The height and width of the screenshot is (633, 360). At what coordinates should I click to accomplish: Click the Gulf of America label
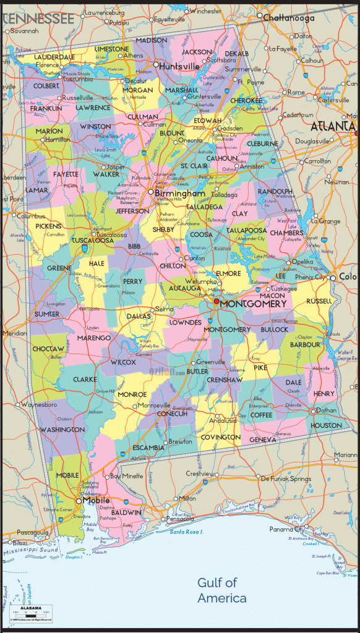pyautogui.click(x=221, y=590)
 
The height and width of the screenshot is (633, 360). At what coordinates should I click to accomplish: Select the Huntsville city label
pyautogui.click(x=180, y=66)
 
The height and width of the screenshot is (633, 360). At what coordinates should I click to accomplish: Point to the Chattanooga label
pyautogui.click(x=289, y=19)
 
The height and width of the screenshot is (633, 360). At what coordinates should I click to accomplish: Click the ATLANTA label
pyautogui.click(x=333, y=127)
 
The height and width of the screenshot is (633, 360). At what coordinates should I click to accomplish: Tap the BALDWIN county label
pyautogui.click(x=127, y=512)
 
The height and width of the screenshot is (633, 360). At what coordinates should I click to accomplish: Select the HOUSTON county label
pyautogui.click(x=326, y=425)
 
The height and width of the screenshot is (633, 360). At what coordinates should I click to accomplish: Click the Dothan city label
pyautogui.click(x=327, y=410)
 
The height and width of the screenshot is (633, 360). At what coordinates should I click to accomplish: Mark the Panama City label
pyautogui.click(x=286, y=530)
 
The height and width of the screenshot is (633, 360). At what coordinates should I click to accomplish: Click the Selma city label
pyautogui.click(x=165, y=309)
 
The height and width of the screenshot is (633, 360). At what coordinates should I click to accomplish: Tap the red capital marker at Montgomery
pyautogui.click(x=216, y=302)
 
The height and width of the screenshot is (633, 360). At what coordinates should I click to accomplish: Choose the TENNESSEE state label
pyautogui.click(x=37, y=19)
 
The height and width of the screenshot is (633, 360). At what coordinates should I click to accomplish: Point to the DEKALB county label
pyautogui.click(x=236, y=54)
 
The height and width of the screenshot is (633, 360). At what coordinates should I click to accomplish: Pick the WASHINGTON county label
pyautogui.click(x=62, y=429)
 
